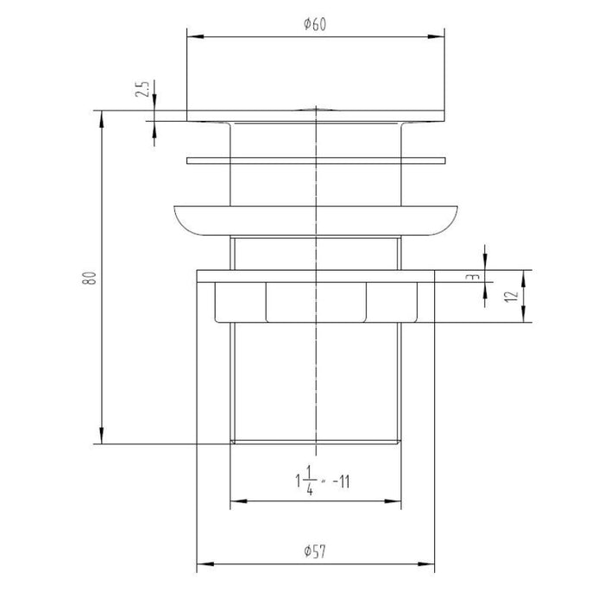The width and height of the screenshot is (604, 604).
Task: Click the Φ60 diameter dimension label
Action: tap(314, 25)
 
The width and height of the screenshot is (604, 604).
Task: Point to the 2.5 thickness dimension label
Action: tap(143, 89)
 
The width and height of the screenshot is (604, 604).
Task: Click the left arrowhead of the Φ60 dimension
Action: tap(193, 36)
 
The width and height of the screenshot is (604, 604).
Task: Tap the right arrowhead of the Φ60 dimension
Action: tap(439, 36)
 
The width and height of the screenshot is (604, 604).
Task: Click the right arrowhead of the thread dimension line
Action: tap(398, 499)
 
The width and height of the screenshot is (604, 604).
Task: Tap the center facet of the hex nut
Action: tap(316, 302)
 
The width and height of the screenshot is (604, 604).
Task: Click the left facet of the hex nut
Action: tap(239, 302)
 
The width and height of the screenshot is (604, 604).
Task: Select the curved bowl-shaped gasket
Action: tap(316, 220)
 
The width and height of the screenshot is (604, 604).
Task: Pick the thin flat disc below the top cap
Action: tap(316, 160)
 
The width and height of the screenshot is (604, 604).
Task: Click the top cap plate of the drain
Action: tap(316, 115)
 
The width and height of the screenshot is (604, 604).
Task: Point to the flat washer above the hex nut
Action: tap(316, 275)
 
